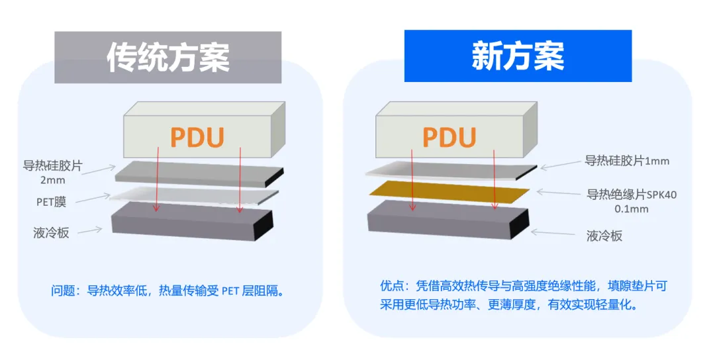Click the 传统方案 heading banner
[x=168, y=57]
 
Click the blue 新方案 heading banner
[x=518, y=56]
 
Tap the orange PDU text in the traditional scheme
[x=197, y=138]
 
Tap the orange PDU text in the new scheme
[x=449, y=138]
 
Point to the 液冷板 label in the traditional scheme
[x=51, y=232]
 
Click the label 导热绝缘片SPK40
[x=632, y=195]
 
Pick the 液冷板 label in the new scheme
[x=604, y=236]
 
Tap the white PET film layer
[x=199, y=193]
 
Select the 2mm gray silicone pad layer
[x=199, y=171]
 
